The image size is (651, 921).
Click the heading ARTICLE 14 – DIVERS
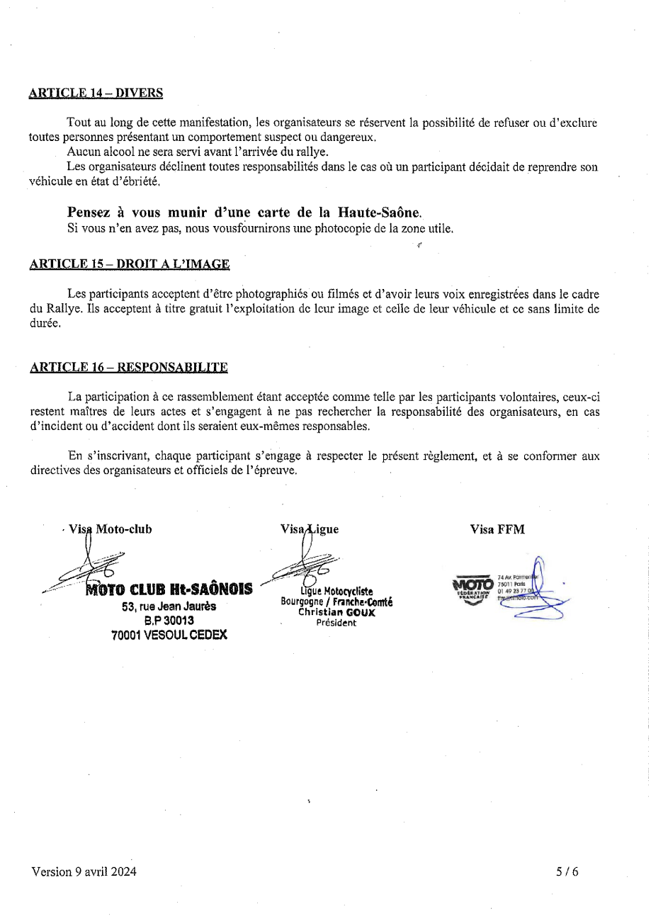(x=96, y=93)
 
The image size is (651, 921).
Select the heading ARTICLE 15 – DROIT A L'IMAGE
(x=130, y=264)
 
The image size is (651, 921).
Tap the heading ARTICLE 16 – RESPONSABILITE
(x=128, y=367)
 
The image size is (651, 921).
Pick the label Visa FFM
(x=497, y=529)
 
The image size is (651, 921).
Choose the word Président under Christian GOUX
(x=336, y=623)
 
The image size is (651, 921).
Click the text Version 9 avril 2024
(x=84, y=871)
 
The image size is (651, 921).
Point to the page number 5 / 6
(x=567, y=871)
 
